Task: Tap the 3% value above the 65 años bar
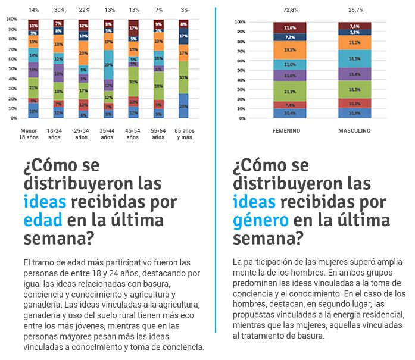click(x=185, y=10)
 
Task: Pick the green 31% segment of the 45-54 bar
click(x=134, y=82)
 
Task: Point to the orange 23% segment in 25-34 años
click(x=84, y=53)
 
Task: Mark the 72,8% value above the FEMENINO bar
click(x=290, y=10)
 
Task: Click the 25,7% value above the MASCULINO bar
click(x=355, y=10)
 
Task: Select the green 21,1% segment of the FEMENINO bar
click(x=290, y=91)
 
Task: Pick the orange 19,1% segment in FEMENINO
click(x=290, y=50)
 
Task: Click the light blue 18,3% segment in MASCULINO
click(x=355, y=58)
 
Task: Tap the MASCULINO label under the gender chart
click(x=355, y=130)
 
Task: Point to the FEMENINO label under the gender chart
click(x=286, y=130)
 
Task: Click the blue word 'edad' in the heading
click(x=43, y=220)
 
